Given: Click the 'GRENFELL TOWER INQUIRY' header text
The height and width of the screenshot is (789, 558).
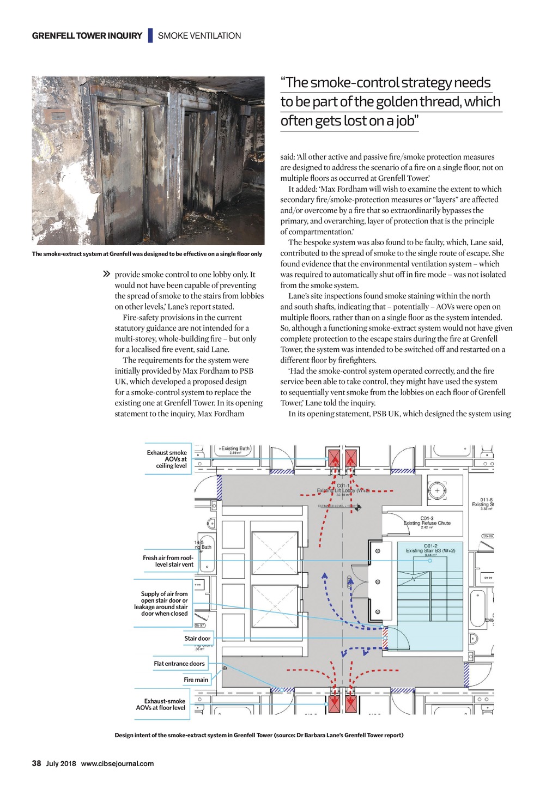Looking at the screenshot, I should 87,36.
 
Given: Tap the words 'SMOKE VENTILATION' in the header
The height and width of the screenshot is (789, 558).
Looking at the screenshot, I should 199,36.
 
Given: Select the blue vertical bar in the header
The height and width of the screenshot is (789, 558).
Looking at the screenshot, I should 150,35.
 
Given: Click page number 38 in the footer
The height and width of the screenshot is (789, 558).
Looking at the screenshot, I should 37,763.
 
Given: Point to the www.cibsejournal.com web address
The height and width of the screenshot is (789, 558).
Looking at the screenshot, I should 117,763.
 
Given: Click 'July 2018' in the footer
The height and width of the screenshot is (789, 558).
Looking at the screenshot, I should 61,763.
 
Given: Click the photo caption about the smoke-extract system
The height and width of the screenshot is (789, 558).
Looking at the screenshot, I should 147,254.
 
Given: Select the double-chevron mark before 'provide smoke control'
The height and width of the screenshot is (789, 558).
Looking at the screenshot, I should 107,274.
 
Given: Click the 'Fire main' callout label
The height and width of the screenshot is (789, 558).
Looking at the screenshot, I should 196,679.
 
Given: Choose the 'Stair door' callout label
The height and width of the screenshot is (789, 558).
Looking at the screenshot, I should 197,638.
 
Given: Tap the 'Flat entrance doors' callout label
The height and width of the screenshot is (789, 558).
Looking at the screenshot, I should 179,663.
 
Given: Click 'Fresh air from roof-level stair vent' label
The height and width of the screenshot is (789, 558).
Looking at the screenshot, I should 168,561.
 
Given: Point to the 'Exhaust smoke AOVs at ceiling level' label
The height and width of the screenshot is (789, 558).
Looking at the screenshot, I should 167,459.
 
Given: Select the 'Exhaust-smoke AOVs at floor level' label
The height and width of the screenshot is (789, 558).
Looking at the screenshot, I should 161,705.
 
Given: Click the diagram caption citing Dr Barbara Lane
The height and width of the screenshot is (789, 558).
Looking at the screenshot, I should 259,735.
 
